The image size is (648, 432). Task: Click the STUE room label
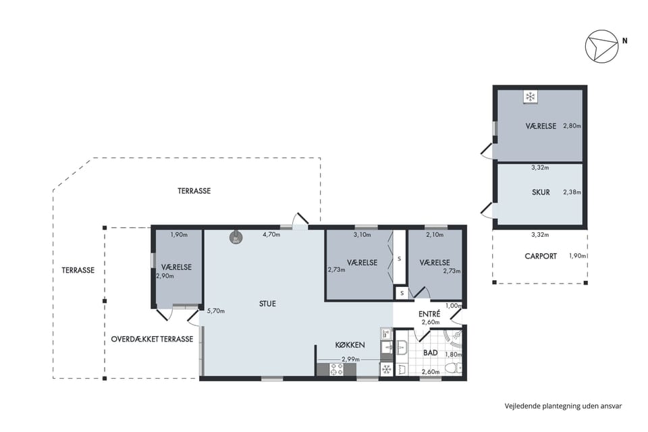pos(267,304)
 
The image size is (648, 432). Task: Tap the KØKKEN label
pos(350,344)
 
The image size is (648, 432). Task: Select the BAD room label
pos(430,352)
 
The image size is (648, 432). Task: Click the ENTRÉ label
pos(429,314)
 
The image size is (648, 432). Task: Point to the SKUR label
pos(541,192)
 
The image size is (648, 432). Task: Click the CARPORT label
pos(541,256)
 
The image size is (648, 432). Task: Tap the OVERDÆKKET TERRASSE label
pos(152,339)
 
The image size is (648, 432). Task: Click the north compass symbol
pos(601,47)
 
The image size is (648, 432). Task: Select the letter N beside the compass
pos(625,40)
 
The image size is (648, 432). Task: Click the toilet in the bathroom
pos(454,367)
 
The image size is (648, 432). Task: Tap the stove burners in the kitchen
pos(336,369)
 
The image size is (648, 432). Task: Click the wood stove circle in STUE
pos(236,237)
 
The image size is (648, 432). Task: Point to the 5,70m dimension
pos(216,311)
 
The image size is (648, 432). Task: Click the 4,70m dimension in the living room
pos(271,234)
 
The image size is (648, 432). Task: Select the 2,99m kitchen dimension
pos(350,359)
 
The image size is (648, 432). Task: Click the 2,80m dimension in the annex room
pos(572,126)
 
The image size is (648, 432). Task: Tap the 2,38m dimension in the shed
pos(572,192)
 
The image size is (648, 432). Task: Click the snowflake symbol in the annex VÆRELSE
pos(530,97)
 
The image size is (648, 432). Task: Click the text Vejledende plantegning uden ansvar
pos(563,406)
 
